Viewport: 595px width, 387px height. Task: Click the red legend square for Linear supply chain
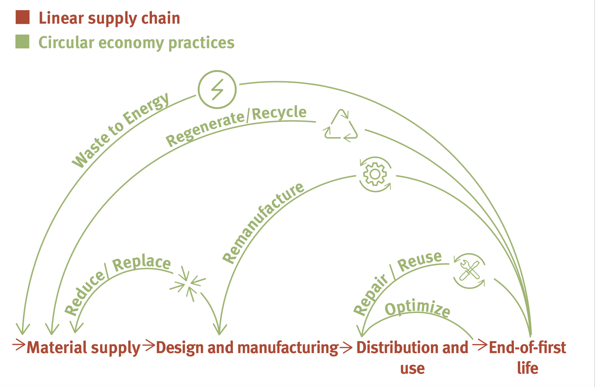tap(23, 17)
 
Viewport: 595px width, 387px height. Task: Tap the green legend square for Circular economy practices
tap(22, 42)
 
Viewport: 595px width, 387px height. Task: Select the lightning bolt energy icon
tap(217, 89)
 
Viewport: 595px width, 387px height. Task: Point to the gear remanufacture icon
tap(375, 174)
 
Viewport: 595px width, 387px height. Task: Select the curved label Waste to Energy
tap(120, 129)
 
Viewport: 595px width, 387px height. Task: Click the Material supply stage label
tap(84, 348)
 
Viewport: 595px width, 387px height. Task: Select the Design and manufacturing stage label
tap(247, 348)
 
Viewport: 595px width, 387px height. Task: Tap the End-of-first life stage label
tap(528, 357)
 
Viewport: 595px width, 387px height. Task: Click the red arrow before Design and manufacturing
tap(149, 346)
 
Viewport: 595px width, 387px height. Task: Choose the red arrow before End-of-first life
tap(480, 345)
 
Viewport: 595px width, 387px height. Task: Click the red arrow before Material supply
tap(19, 345)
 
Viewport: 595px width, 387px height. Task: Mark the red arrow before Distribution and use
tap(346, 348)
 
